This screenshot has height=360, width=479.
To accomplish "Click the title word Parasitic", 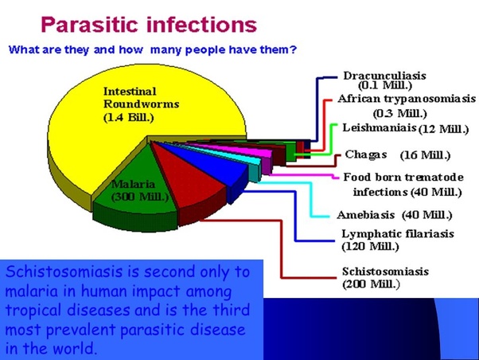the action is coord(91,25).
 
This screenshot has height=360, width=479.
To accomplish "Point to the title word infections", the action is coord(202,25).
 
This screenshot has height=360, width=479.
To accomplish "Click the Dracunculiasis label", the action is coord(384,76).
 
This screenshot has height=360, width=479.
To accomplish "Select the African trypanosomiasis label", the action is coord(407,99).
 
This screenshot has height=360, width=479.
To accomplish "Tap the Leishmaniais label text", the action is coord(380,127).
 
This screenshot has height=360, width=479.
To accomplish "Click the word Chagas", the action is coord(366,155).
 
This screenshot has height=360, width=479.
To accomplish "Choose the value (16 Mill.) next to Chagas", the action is coord(425,155).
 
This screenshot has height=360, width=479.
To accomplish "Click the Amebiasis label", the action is coord(366,215).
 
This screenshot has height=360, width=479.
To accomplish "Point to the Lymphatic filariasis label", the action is coord(398,233).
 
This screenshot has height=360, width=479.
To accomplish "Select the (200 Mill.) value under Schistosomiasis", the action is coord(371,284).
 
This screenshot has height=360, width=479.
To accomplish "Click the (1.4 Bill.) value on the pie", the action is coord(129,117).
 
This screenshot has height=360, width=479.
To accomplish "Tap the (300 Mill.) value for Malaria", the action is coord(140,197).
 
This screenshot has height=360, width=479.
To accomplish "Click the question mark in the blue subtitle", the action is coord(294,49).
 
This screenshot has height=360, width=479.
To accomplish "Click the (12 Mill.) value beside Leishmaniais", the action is coord(443,129).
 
